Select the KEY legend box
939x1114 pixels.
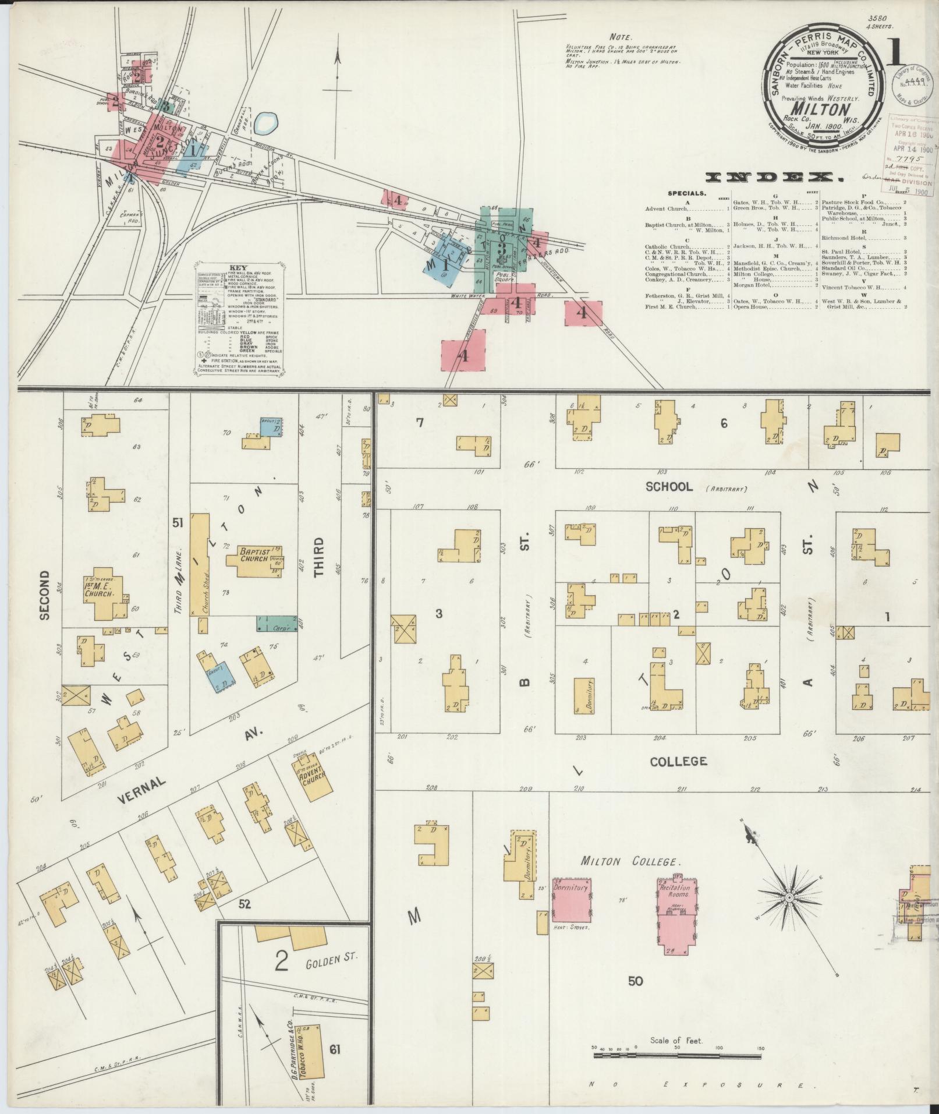(x=239, y=319)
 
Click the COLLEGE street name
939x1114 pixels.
(x=678, y=761)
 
